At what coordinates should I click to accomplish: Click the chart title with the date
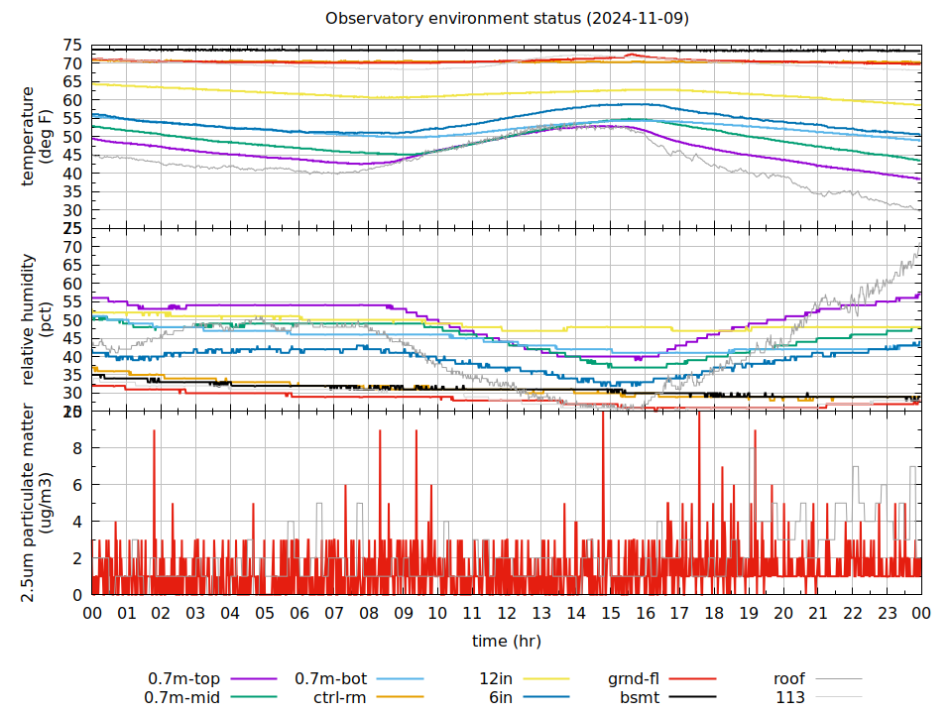pos(506,19)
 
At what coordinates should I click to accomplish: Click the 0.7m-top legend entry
pos(184,679)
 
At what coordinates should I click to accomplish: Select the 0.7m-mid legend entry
pos(184,697)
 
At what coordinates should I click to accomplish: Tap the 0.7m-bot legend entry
pos(331,679)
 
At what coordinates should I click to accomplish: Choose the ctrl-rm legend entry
pos(340,697)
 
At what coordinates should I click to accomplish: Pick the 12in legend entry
pos(496,679)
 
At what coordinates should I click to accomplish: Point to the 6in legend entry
pos(500,697)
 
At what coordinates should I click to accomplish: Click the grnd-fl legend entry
pos(634,679)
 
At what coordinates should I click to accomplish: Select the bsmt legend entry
pos(640,697)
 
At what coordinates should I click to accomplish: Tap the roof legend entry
pos(789,679)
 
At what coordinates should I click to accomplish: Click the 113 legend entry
pos(790,697)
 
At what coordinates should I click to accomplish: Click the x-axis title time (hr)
pos(506,641)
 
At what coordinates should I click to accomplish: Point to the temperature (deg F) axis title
pos(36,136)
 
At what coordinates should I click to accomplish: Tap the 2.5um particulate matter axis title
pos(36,502)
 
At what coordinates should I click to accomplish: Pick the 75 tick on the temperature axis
pos(72,46)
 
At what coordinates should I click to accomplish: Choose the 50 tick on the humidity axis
pos(72,320)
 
